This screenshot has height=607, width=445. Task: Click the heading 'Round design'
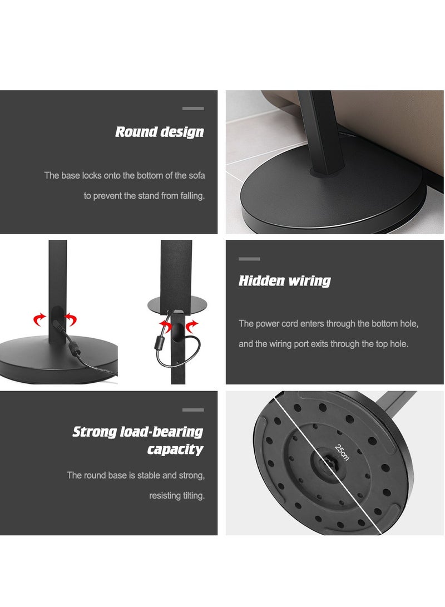coord(159,132)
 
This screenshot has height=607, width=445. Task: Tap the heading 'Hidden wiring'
coord(284,281)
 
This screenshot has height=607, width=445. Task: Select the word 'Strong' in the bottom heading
coord(95,432)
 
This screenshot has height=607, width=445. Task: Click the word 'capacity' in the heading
coord(175,450)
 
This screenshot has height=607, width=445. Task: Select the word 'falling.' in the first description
coord(190,196)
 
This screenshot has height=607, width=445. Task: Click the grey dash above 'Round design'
coord(193,108)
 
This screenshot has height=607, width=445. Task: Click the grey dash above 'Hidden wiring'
coord(249,259)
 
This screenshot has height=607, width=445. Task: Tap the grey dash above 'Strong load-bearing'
coord(193,409)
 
